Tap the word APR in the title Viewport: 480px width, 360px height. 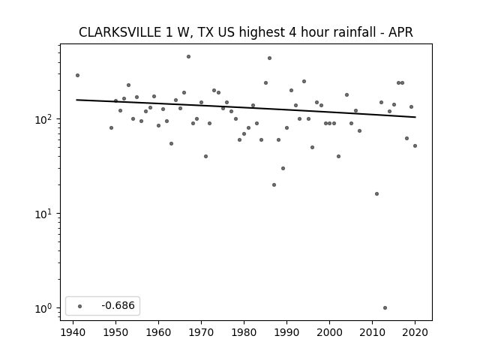tap(400, 32)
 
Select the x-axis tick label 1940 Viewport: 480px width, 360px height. tap(73, 332)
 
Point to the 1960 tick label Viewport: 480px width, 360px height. tap(158, 332)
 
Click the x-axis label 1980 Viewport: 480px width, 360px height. tap(244, 332)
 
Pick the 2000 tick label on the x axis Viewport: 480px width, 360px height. tap(329, 332)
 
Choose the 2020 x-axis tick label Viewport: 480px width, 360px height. tap(415, 332)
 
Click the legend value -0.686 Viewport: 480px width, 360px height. tap(118, 305)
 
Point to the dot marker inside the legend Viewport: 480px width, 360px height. tap(80, 306)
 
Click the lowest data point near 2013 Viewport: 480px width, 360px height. tap(385, 308)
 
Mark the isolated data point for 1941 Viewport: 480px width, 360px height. tap(77, 75)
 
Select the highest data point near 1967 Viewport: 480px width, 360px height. tap(188, 57)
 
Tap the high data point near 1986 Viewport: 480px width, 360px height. tap(270, 58)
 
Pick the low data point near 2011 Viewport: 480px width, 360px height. tap(376, 193)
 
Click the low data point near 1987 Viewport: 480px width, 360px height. tap(274, 185)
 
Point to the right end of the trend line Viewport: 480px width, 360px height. tap(415, 117)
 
